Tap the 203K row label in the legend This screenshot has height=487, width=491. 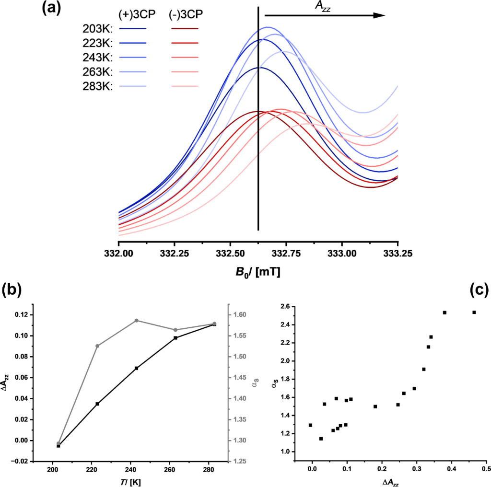97,28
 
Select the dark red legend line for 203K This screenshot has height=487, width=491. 185,28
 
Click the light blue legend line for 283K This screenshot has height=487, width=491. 132,87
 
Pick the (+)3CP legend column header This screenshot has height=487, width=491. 132,15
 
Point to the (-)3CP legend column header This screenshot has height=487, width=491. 186,15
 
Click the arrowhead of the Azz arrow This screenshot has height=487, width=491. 380,15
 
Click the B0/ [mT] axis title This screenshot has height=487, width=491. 258,273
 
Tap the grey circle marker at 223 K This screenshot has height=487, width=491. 97,346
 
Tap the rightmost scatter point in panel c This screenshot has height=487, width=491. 474,313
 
